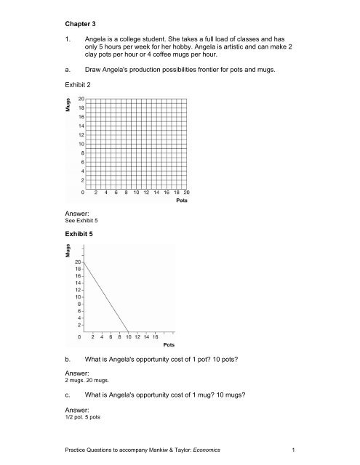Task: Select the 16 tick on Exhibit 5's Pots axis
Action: (x=155, y=336)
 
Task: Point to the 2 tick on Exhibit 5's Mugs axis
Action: (x=77, y=325)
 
